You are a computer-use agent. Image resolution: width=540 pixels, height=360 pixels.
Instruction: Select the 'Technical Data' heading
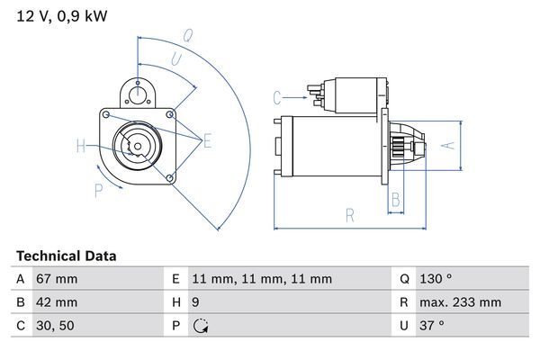tap(67, 256)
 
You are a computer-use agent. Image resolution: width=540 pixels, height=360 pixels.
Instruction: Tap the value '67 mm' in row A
tap(56, 280)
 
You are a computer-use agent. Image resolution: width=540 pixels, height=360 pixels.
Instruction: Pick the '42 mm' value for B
tap(56, 302)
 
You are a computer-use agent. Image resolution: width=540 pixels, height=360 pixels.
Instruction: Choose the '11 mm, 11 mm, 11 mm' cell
tap(262, 280)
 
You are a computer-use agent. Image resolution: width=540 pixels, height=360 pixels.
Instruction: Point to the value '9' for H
tap(196, 302)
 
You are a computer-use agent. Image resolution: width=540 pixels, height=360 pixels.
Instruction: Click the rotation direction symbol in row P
tap(200, 326)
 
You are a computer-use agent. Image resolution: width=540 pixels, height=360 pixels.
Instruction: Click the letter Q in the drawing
tap(188, 37)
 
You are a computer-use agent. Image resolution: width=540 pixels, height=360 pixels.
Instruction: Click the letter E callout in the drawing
tap(207, 139)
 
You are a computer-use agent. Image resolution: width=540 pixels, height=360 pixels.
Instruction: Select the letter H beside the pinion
tap(81, 146)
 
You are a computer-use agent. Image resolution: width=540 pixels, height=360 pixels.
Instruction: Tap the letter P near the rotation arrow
tap(98, 189)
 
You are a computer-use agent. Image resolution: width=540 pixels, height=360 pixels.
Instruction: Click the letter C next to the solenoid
tap(277, 96)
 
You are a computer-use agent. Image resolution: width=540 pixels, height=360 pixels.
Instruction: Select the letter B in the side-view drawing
tap(394, 200)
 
